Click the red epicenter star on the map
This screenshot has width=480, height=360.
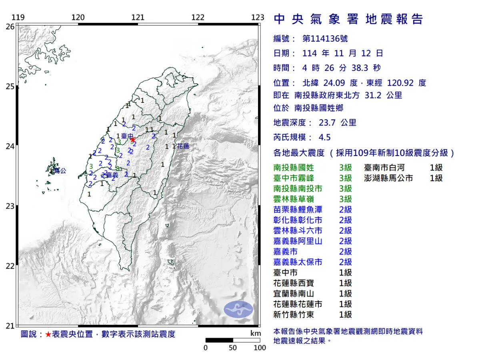132,139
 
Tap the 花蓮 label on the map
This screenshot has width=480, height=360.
183,146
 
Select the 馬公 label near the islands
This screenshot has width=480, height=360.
60,171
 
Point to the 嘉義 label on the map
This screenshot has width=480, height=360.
112,175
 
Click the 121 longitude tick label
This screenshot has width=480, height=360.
138,17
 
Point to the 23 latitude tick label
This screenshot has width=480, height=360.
10,206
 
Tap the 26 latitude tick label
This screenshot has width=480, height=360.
10,26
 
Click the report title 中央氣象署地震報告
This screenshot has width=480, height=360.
348,19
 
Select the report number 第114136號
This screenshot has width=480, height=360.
325,39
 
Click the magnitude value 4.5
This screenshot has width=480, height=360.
324,137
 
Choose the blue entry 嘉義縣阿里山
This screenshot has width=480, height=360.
298,241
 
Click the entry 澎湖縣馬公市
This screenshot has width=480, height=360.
388,178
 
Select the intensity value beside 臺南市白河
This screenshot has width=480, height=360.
436,168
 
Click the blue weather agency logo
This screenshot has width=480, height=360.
238,309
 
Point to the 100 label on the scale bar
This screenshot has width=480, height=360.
260,348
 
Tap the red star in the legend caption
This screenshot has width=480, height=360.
48,334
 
